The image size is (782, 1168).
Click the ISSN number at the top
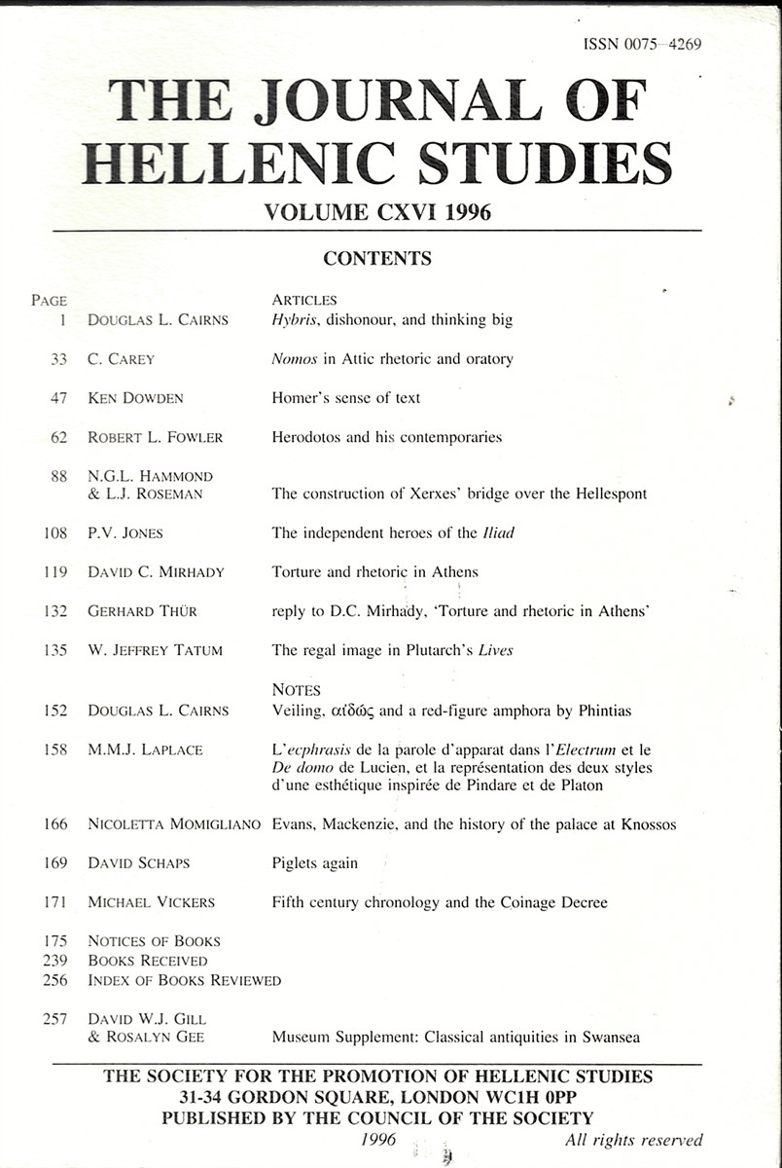point(642,44)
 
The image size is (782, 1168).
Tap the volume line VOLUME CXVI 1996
point(377,212)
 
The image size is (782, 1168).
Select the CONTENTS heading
point(376,259)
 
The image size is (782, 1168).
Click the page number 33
point(58,359)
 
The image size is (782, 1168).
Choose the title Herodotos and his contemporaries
point(386,437)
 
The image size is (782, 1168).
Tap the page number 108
point(54,532)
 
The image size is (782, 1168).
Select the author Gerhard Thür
point(141,610)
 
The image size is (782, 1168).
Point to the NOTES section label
point(297,690)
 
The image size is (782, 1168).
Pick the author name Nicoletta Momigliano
point(174,824)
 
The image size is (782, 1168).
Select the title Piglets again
point(314,863)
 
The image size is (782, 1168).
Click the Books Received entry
point(147,961)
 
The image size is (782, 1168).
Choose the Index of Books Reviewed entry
point(184,980)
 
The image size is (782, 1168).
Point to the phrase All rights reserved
point(633,1140)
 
